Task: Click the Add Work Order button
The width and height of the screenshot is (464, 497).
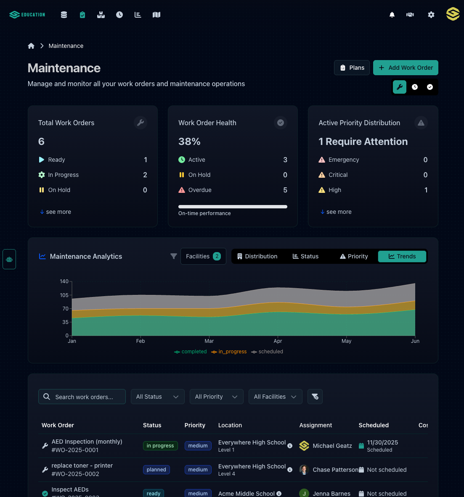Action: [x=406, y=68]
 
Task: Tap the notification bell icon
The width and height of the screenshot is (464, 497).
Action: [x=392, y=15]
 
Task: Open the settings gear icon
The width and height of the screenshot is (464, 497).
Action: [x=431, y=15]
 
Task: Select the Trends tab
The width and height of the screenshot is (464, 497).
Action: [x=402, y=256]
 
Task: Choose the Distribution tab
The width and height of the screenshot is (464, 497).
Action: [x=257, y=256]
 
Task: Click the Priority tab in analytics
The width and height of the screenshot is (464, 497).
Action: [x=354, y=256]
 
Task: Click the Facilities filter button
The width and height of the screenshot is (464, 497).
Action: [x=203, y=256]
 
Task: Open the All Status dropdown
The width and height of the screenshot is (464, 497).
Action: [x=157, y=397]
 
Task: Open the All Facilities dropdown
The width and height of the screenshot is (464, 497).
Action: [x=275, y=397]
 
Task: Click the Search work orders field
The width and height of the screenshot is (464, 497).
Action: [x=84, y=397]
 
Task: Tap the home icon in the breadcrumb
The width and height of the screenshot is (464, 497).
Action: [x=31, y=46]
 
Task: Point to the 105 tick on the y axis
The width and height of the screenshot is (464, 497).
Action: [x=64, y=295]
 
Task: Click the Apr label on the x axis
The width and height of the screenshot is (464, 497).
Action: [x=278, y=341]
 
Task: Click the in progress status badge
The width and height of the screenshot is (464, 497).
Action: [x=160, y=446]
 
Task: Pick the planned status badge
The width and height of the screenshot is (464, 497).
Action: [x=156, y=470]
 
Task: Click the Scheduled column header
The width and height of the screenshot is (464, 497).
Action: [x=374, y=425]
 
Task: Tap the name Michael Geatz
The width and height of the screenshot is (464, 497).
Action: [x=332, y=446]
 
